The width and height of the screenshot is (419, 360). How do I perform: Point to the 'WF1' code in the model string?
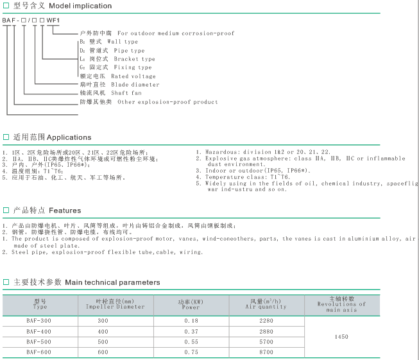53,21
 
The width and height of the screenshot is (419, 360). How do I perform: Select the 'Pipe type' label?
129,50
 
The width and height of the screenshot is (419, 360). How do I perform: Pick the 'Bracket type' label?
135,59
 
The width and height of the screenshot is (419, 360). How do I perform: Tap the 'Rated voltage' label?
133,76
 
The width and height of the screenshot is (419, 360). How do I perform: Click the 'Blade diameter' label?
135,85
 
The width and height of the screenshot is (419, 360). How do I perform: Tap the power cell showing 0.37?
191,330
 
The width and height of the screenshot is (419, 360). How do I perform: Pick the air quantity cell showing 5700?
266,341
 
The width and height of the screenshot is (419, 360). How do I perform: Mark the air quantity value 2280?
266,320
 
